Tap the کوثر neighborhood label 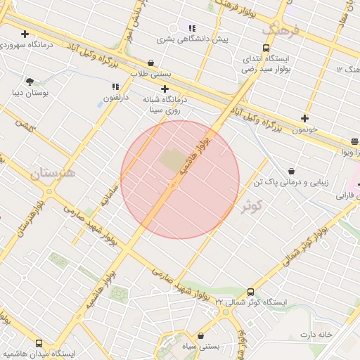coord(251,206)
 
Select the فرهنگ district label coord(281,30)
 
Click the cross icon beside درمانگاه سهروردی coord(25,34)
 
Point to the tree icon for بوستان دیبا coord(30,82)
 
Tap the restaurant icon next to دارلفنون coord(115,86)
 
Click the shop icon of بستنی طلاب coord(151,63)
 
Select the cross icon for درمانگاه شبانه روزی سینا coord(165,89)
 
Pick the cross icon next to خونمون coord(304,118)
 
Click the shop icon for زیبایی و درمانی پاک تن coord(291,171)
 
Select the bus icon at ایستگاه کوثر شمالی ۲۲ coord(251,292)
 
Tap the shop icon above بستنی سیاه coord(202,335)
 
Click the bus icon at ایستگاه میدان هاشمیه coord(39,344)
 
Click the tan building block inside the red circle coord(172,161)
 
